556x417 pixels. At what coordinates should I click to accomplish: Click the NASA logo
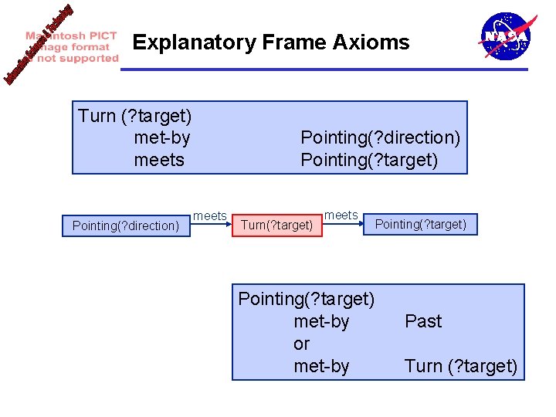[x=505, y=36]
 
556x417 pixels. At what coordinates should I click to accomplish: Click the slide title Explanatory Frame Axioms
[x=271, y=42]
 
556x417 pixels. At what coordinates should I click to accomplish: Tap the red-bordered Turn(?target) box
[x=277, y=225]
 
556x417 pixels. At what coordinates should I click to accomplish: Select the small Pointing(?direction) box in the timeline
[x=126, y=225]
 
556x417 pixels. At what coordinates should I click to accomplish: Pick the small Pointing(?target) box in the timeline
[x=421, y=225]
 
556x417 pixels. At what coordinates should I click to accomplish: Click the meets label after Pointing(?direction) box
[x=209, y=216]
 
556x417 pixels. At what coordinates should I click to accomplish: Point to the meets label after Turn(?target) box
[x=341, y=215]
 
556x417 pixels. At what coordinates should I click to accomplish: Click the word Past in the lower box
[x=423, y=321]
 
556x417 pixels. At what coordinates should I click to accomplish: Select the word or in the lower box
[x=301, y=344]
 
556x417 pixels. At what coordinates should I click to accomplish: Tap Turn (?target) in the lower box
[x=460, y=366]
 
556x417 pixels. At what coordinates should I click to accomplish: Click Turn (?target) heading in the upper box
[x=135, y=116]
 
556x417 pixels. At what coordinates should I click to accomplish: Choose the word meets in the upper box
[x=159, y=160]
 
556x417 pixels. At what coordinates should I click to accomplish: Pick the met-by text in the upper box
[x=161, y=138]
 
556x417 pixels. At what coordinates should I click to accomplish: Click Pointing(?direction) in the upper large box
[x=380, y=137]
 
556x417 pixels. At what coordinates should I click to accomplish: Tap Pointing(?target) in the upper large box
[x=369, y=160]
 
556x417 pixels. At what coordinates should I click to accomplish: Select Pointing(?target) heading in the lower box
[x=307, y=298]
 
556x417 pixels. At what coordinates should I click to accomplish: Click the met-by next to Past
[x=321, y=321]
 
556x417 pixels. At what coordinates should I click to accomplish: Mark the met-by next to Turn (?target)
[x=321, y=366]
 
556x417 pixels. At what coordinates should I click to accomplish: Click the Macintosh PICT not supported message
[x=72, y=47]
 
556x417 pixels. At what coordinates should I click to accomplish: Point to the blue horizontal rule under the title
[x=324, y=69]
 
